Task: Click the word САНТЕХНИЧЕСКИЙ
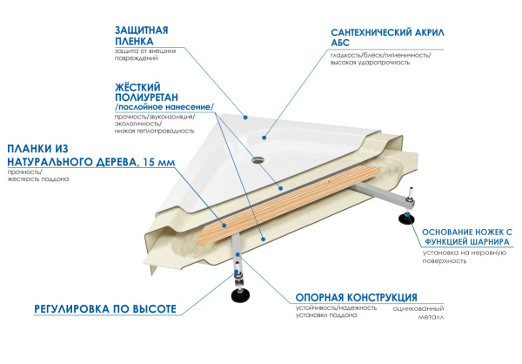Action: point(374,32)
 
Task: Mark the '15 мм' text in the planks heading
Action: point(156,163)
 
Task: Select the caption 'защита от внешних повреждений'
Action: point(139,55)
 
